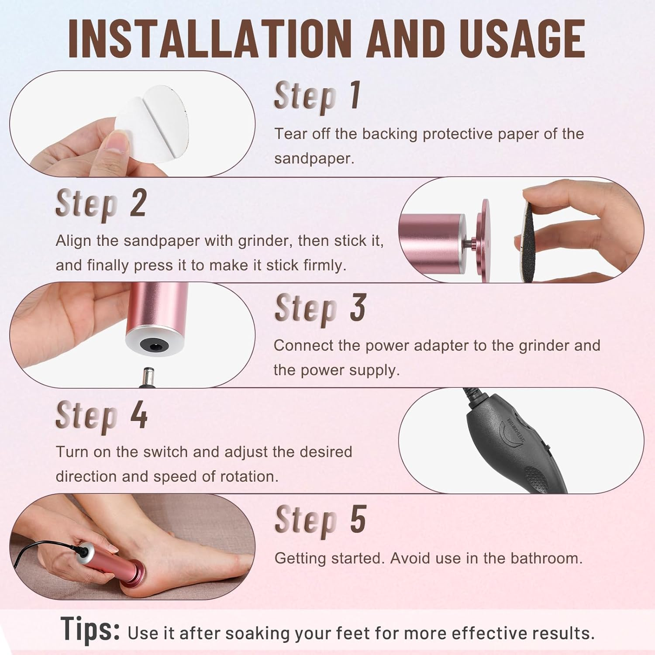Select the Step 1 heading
pyautogui.click(x=317, y=96)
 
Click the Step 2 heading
pyautogui.click(x=101, y=203)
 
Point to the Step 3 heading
pyautogui.click(x=320, y=308)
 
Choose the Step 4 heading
pyautogui.click(x=101, y=415)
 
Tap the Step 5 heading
pyautogui.click(x=320, y=520)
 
